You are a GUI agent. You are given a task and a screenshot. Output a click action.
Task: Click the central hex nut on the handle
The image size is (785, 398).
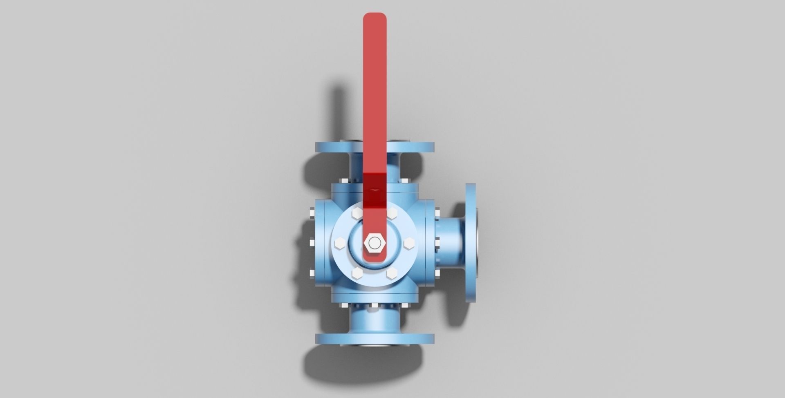point(374,243)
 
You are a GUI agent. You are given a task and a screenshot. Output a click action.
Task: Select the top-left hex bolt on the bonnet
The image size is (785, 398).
point(355,213)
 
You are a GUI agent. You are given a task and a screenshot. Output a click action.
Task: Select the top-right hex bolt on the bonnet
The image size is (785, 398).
point(393,213)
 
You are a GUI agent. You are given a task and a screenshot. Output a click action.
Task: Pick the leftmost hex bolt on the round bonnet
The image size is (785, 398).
point(339,244)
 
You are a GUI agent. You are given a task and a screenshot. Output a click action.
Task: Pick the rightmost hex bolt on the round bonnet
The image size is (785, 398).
point(409,244)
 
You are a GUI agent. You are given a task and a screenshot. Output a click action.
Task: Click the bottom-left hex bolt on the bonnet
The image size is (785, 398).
point(356,273)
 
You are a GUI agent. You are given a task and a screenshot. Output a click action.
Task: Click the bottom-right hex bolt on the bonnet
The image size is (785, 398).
point(392,273)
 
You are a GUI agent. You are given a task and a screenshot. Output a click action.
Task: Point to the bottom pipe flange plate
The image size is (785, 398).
point(375,338)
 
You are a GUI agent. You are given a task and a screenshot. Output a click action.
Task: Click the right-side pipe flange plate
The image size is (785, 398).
point(471,243)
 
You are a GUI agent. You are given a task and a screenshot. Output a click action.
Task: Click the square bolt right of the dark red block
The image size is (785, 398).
point(405,180)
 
